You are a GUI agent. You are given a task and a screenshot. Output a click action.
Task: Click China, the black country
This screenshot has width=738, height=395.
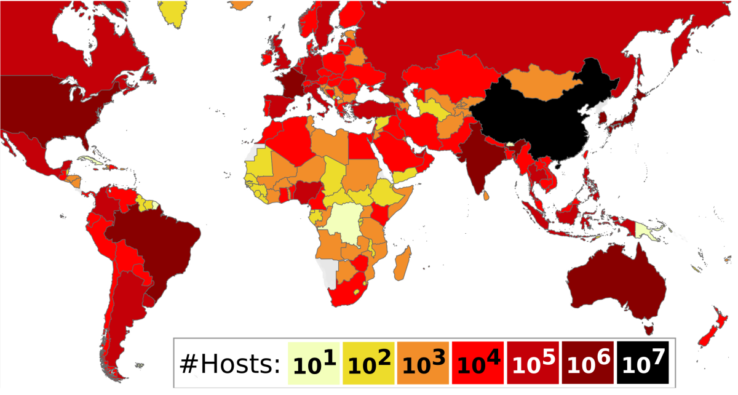pyautogui.click(x=541, y=123)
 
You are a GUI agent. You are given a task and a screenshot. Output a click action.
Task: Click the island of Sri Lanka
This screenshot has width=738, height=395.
pyautogui.click(x=486, y=195)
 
